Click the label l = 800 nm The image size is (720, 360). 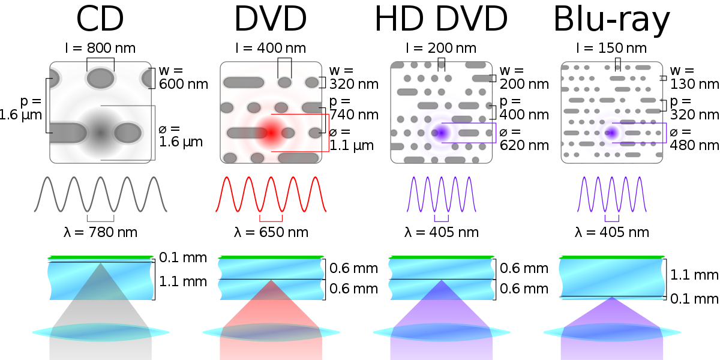point(100,47)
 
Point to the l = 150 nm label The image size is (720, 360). point(611,47)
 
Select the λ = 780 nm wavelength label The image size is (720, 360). point(100,232)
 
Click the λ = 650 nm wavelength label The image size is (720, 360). point(271,232)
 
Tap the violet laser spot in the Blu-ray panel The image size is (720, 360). point(611,133)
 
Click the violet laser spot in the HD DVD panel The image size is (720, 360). point(441,132)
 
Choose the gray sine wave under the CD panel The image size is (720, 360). point(100,194)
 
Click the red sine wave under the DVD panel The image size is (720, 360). point(271,194)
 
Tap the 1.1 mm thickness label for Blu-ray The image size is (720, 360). point(695,275)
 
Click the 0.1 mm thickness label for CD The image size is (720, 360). point(183,259)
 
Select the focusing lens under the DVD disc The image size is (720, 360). point(271,332)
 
